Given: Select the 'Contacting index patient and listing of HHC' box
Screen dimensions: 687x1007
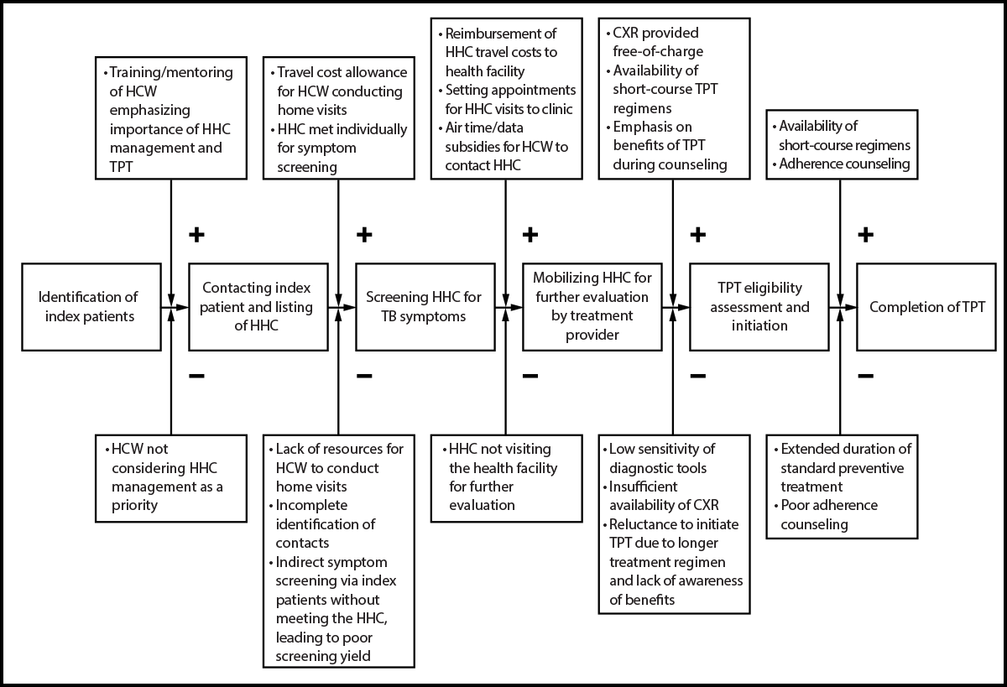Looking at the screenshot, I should (x=258, y=307).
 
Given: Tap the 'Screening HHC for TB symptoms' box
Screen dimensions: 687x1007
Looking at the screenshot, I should (x=425, y=307).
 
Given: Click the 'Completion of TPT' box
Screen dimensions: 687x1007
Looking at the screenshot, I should (x=926, y=307).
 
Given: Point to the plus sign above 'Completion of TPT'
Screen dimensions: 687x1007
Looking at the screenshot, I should (x=865, y=235).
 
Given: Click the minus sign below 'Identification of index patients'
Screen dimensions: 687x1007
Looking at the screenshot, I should (x=196, y=376).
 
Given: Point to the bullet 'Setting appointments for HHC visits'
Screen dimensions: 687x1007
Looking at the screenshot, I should (x=510, y=99).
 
